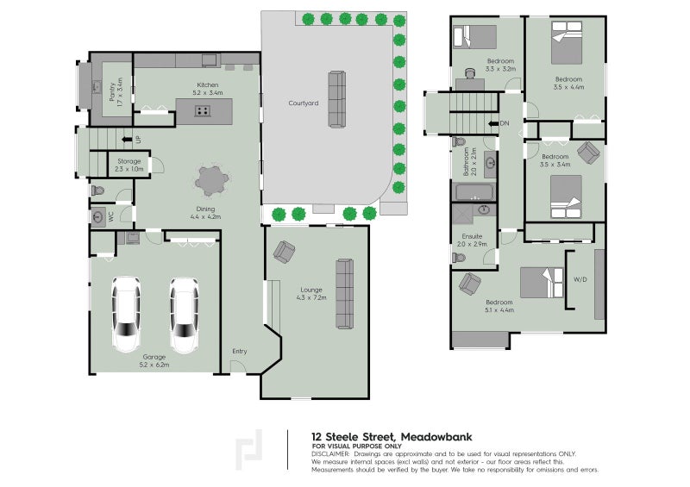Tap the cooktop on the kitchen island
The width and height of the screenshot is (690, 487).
point(204,110)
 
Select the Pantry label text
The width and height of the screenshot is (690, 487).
point(116,91)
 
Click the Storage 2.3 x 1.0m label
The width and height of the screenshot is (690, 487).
point(129,165)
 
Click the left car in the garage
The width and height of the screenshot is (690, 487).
point(126,314)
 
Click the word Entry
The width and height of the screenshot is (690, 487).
point(239,351)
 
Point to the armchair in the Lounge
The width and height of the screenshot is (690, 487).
point(283,252)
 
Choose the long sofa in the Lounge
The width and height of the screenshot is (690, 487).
point(344,293)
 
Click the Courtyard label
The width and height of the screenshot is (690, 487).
point(303,103)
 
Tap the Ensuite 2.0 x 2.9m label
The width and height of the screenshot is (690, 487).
point(474,239)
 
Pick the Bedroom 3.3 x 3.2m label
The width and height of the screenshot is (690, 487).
point(500,64)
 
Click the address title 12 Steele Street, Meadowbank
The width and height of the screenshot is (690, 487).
point(392,436)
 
